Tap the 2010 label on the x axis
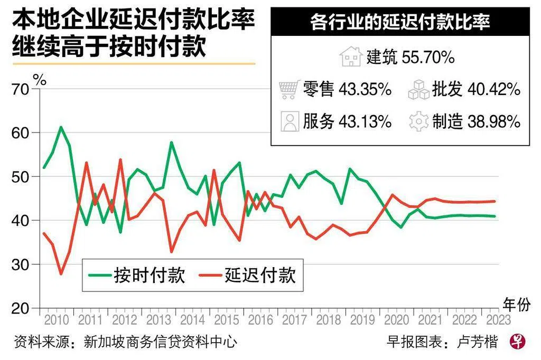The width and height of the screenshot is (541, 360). [x=57, y=320]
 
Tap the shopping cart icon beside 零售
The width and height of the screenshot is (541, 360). [x=288, y=90]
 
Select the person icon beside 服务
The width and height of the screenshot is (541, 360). [x=290, y=121]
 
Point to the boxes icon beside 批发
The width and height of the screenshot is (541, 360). [x=419, y=90]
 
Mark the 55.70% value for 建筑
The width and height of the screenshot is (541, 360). [x=428, y=58]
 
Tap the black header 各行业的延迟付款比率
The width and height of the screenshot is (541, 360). [x=400, y=23]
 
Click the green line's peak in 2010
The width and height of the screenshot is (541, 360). [x=61, y=127]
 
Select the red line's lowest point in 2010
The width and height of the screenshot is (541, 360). [x=61, y=274]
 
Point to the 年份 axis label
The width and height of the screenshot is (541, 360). [x=516, y=304]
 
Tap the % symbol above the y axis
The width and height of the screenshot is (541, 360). [x=40, y=80]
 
